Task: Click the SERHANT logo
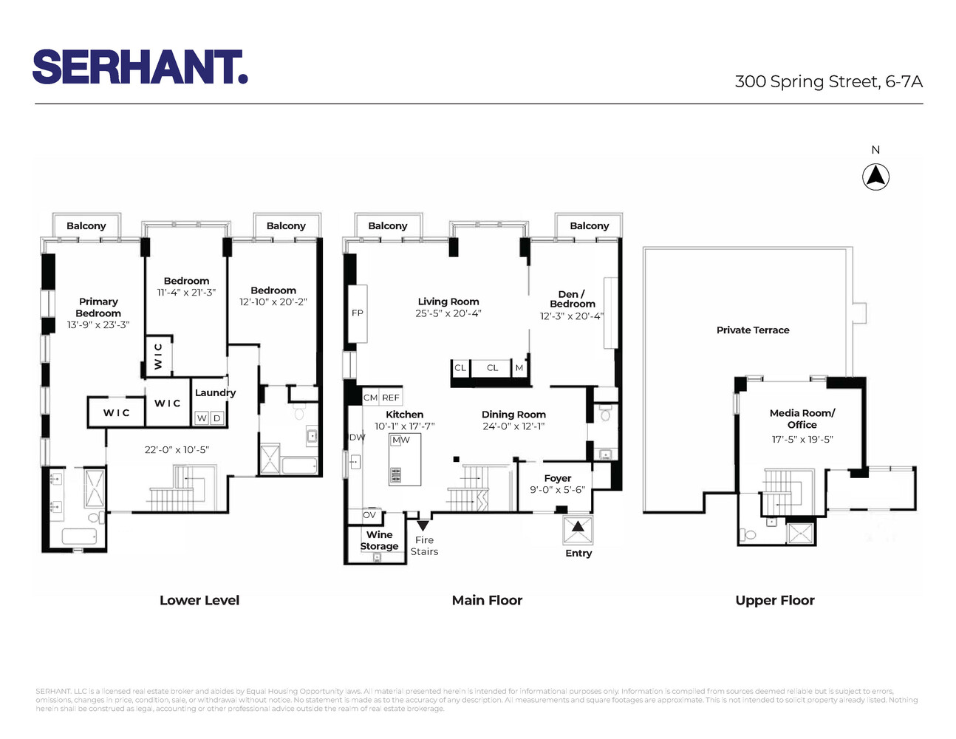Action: [x=140, y=67]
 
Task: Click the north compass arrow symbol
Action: [x=875, y=177]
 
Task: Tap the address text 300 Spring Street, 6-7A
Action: [x=828, y=82]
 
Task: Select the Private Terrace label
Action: [x=752, y=330]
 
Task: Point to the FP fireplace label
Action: [x=358, y=313]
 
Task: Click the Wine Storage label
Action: [x=379, y=540]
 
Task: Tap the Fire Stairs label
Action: [x=424, y=545]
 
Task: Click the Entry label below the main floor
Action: [x=578, y=553]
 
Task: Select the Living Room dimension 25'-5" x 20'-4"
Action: [x=448, y=313]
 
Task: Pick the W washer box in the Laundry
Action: [x=202, y=418]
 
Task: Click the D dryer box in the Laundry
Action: [x=217, y=418]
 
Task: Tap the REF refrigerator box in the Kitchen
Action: [x=390, y=398]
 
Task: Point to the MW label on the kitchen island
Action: [x=400, y=440]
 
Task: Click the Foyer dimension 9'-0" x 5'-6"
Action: [x=557, y=490]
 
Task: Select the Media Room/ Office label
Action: [x=802, y=418]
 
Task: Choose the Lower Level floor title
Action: [x=199, y=600]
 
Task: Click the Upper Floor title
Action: [x=774, y=600]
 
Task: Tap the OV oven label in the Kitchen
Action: [x=369, y=515]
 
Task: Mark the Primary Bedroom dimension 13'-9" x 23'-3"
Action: [x=98, y=324]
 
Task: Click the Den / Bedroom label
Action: [x=572, y=299]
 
